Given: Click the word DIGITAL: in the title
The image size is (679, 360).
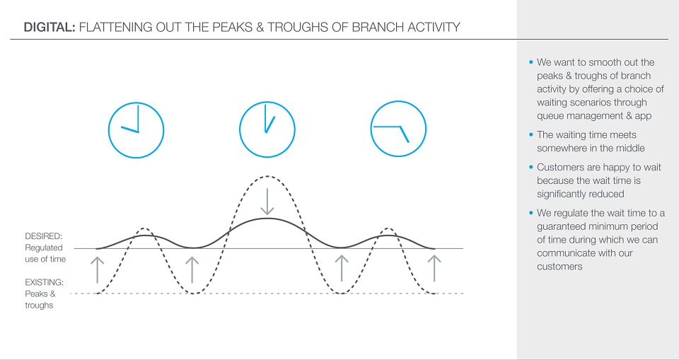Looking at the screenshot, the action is pos(50,28).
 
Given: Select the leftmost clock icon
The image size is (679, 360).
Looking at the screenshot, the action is pos(136,130).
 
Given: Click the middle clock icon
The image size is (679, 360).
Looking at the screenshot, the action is pos(267,129).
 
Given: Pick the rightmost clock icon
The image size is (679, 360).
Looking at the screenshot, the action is pos(398,129).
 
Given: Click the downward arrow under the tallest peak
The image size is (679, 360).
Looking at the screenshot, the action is pos(267,202).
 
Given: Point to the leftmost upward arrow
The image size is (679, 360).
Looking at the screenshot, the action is pos(98,269).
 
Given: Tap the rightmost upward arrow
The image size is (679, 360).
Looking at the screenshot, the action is pos(434,268).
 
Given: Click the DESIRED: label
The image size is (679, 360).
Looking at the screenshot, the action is pos(44,236).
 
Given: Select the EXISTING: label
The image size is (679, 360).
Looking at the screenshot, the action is pos(44,282).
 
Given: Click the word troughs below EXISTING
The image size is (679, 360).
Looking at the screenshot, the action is pos(39,306).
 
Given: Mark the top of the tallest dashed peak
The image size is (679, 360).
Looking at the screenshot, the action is pos(267,176).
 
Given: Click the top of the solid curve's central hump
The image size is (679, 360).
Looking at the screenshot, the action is pos(267,218).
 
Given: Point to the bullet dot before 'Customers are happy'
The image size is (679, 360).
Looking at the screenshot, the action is pos(531,167).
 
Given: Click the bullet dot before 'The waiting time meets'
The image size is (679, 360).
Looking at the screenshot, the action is pos(531,134).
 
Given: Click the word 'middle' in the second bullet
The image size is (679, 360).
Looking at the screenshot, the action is pos(630,148).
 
